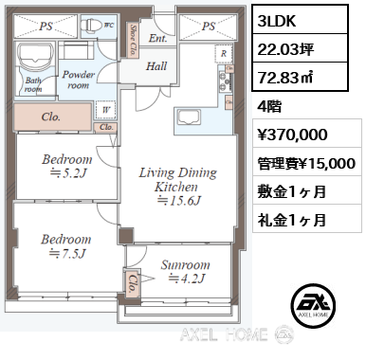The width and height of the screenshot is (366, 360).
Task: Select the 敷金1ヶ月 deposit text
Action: pos(294,192)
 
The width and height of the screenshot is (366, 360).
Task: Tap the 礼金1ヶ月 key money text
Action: pos(294,220)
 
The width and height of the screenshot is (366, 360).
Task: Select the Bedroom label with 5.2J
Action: pos(66,166)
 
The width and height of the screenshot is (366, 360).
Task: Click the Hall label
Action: pos(156,66)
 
